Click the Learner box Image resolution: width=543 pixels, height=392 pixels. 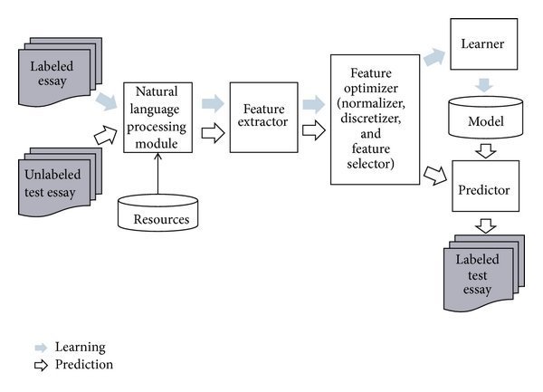click(x=483, y=43)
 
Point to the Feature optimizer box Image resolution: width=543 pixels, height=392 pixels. click(x=375, y=118)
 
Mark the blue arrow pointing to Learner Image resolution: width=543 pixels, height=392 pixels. click(x=434, y=58)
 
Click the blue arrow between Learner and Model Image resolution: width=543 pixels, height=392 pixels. click(x=484, y=83)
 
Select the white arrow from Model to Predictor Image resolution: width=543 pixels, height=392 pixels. click(x=484, y=148)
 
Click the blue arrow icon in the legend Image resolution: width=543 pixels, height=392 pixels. click(x=41, y=348)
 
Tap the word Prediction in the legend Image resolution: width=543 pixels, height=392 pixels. click(x=84, y=365)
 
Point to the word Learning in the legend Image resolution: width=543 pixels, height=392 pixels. click(x=81, y=348)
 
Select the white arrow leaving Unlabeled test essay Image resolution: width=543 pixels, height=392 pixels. click(x=107, y=138)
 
